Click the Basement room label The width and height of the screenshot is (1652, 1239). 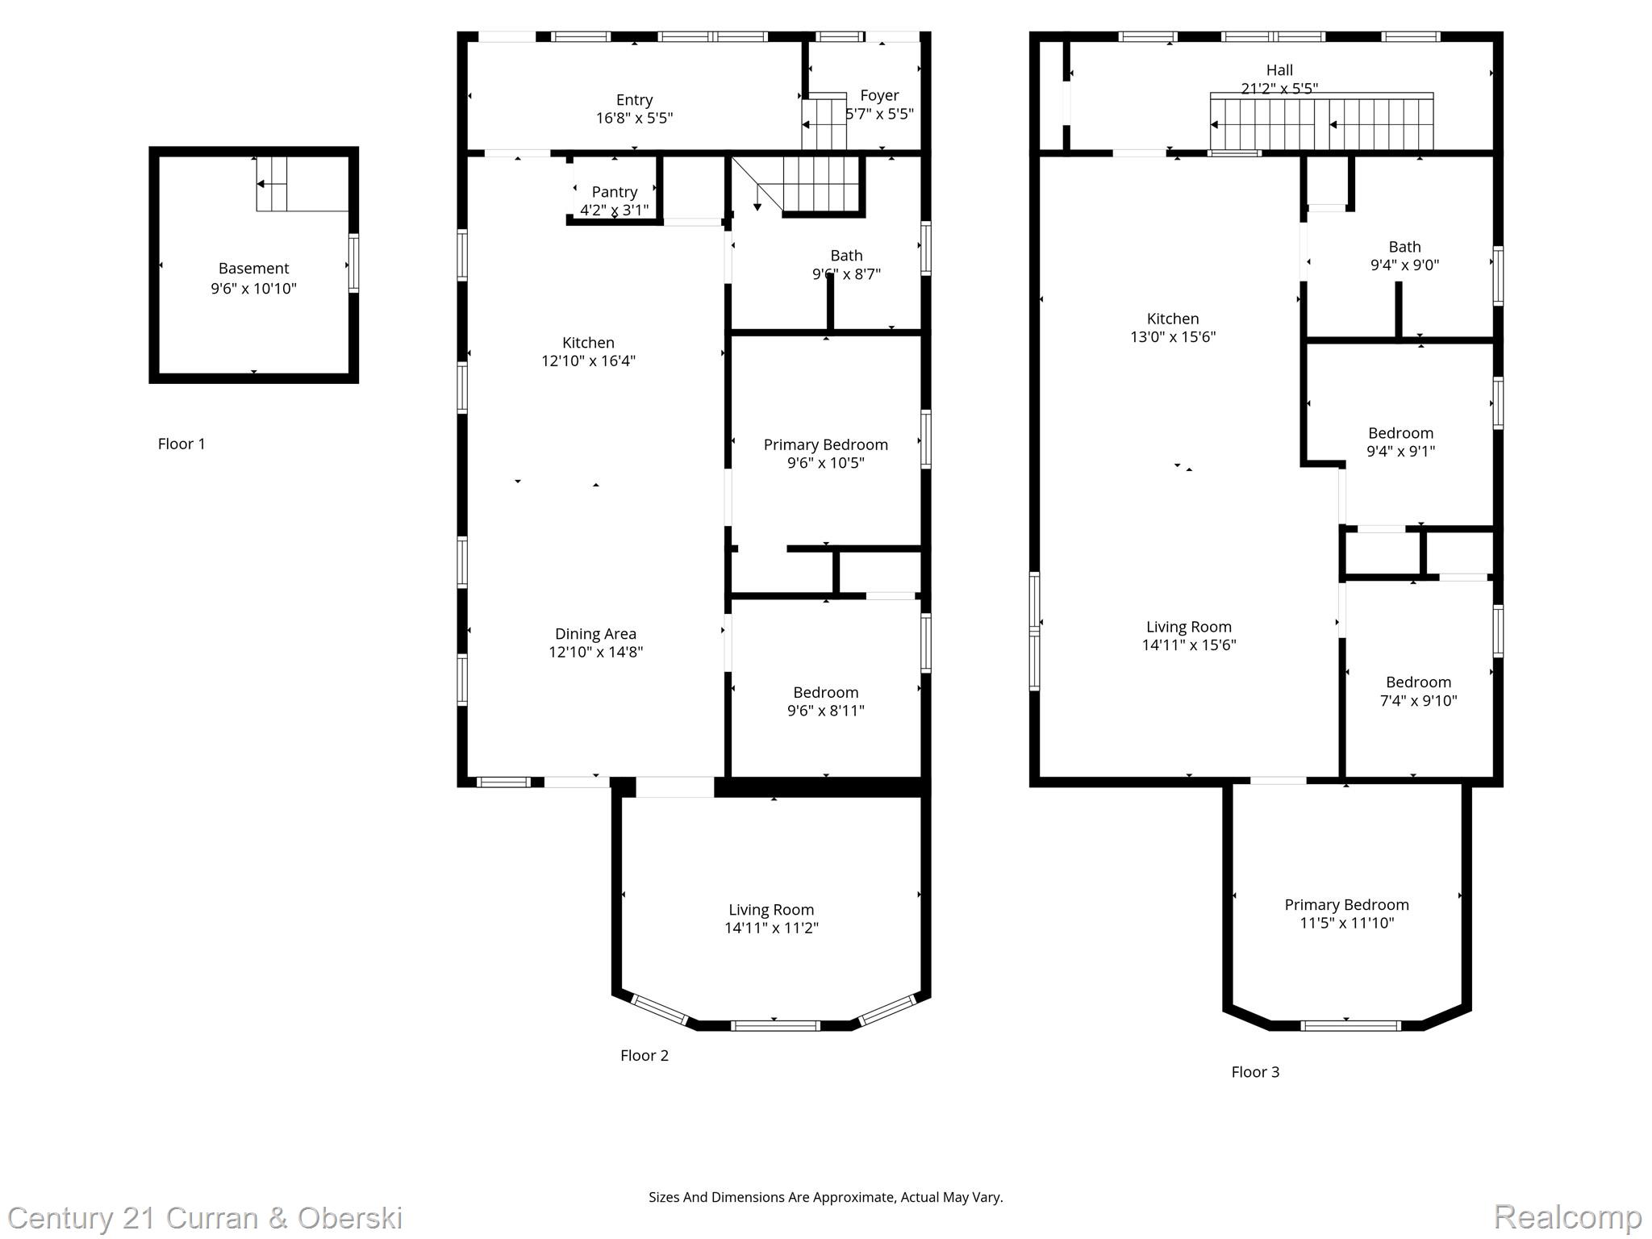[x=253, y=269]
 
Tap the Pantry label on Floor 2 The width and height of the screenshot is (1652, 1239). [x=614, y=192]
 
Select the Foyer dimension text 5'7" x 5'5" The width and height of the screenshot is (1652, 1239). [x=879, y=114]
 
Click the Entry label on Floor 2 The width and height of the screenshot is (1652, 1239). [x=634, y=100]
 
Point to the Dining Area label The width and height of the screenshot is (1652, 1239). [x=595, y=634]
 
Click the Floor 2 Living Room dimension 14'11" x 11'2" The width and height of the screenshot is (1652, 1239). [x=771, y=928]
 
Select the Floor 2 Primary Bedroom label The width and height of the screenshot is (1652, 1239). [x=825, y=444]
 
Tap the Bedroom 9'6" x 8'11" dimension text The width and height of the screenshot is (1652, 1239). [x=825, y=711]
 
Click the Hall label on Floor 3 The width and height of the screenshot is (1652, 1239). [x=1279, y=70]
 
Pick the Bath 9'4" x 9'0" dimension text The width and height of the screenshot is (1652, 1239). [x=1404, y=265]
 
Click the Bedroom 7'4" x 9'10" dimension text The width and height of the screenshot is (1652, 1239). [x=1418, y=701]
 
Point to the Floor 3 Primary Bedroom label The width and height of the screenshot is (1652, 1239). [x=1346, y=905]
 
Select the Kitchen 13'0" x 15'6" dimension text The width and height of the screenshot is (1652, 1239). [x=1172, y=337]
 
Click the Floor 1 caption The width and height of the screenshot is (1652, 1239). [x=181, y=444]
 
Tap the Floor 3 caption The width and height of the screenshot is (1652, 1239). [x=1255, y=1072]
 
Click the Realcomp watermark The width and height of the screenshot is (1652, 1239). [x=1567, y=1216]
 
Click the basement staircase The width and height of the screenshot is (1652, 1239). [x=273, y=184]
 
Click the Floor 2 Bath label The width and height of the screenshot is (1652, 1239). [x=846, y=256]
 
